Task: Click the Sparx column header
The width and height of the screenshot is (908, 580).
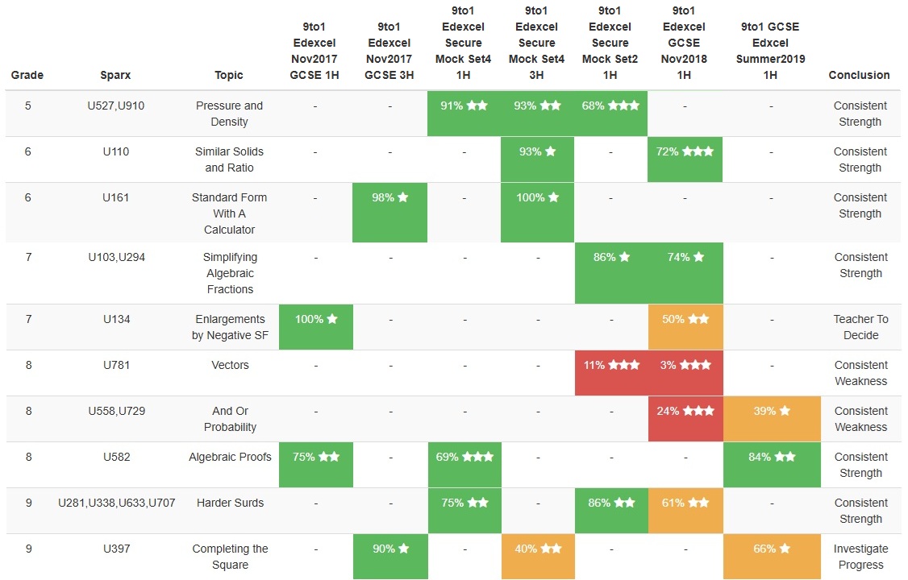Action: pos(116,75)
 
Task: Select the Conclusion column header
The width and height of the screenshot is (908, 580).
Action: pos(859,75)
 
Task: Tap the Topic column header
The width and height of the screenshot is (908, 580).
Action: pos(229,75)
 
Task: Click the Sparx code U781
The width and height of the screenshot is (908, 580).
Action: pos(116,365)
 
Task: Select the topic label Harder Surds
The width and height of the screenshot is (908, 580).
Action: pos(230,503)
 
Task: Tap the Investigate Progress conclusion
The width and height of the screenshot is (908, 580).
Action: pos(860,557)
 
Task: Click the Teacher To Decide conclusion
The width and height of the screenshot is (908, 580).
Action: pos(860,327)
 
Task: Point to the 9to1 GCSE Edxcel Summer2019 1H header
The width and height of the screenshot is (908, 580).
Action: pos(771,51)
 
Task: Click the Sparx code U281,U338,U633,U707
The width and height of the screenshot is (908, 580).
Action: pos(116,503)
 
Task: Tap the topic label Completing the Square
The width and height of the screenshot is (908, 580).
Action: pos(230,557)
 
